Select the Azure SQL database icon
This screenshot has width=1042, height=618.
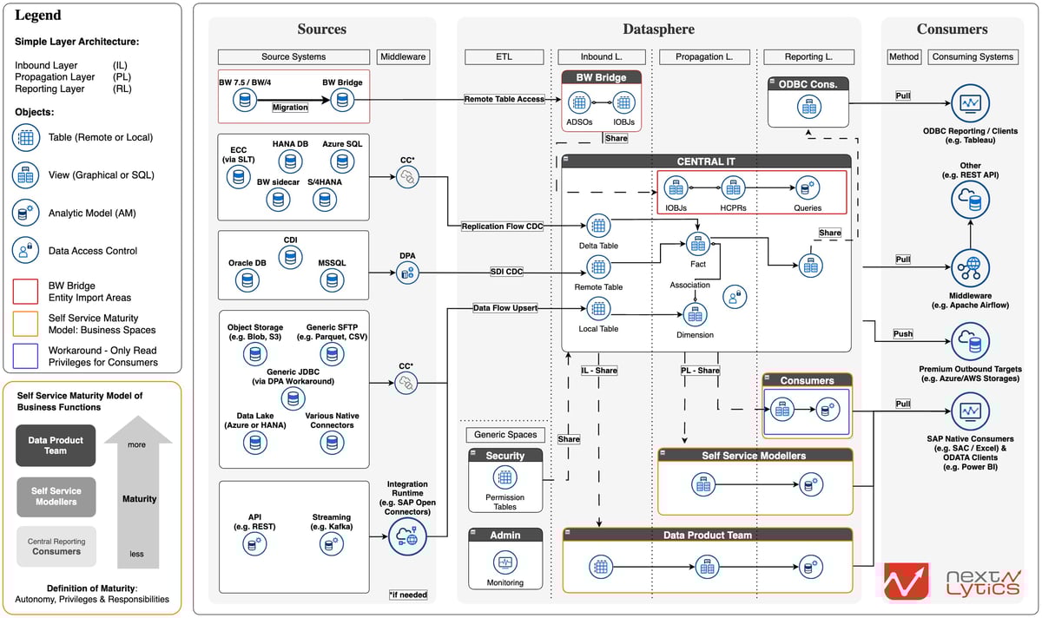[341, 161]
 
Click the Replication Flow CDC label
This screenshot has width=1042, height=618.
[503, 227]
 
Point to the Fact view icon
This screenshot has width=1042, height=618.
[697, 245]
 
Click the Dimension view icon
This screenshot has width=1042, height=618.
[695, 314]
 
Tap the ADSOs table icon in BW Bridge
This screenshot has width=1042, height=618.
[579, 103]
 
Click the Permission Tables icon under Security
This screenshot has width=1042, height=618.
[505, 477]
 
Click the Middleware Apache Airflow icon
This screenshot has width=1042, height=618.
[970, 268]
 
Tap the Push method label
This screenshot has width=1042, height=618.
[903, 334]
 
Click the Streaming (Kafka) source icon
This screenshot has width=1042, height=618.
[330, 543]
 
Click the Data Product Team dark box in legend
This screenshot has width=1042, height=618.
[56, 445]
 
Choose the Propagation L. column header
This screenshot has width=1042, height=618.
[704, 57]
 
